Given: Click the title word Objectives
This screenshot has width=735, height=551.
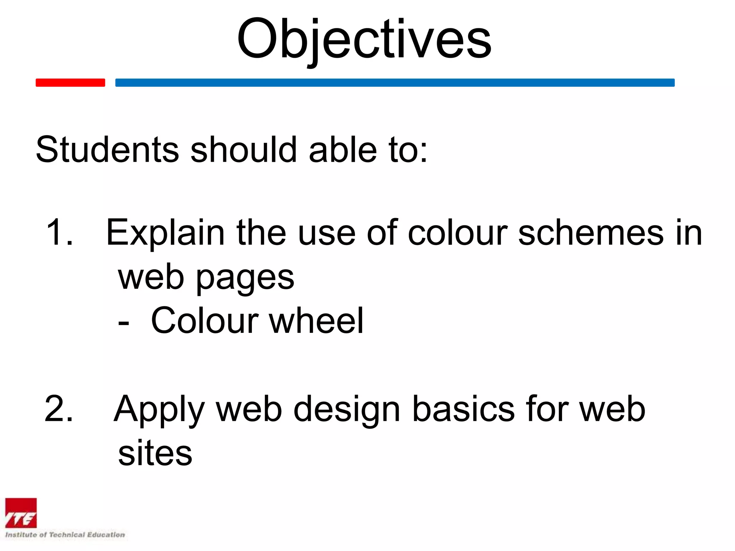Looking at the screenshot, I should [x=364, y=39].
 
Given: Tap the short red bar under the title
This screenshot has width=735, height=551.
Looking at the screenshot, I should [x=70, y=83].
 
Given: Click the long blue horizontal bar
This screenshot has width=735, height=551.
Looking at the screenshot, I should [x=395, y=83].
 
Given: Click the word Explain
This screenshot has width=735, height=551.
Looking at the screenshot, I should [x=165, y=233].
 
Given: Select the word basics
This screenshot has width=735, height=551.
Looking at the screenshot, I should [x=463, y=409].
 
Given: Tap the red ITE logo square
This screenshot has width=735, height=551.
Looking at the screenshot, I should [x=21, y=513].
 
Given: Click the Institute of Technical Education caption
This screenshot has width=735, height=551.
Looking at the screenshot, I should [x=65, y=534].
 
